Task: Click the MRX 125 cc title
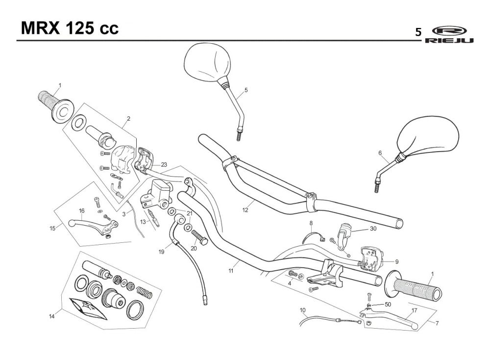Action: (70, 28)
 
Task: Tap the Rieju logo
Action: (449, 34)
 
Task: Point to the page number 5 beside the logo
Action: (418, 32)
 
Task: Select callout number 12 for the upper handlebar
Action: (245, 210)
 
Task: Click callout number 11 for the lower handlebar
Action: (231, 271)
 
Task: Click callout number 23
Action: (164, 164)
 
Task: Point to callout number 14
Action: (51, 316)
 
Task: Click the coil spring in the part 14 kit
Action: (144, 293)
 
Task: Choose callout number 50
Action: (388, 304)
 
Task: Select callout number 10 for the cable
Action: (302, 310)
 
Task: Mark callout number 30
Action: (373, 229)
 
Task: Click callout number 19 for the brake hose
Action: (161, 252)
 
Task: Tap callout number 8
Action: (311, 223)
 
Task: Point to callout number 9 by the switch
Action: (397, 262)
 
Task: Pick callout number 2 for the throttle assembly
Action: (128, 119)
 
